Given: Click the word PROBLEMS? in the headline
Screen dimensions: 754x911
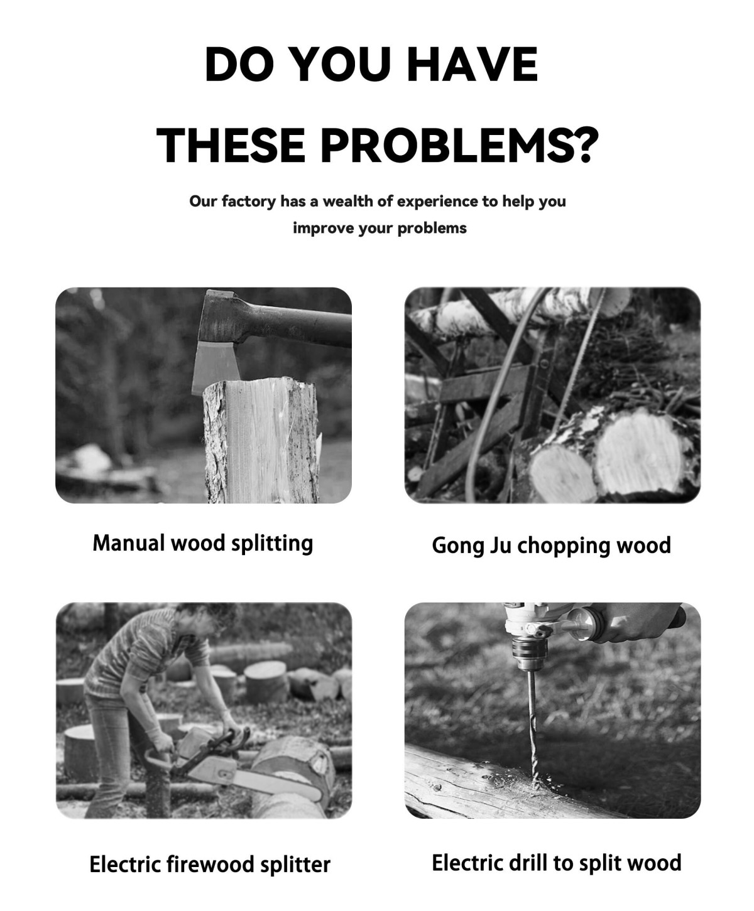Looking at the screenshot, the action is point(459,145).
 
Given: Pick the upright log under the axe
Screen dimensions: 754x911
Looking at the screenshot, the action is point(262,441).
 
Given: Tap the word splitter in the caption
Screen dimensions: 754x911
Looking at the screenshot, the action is point(295,865).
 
